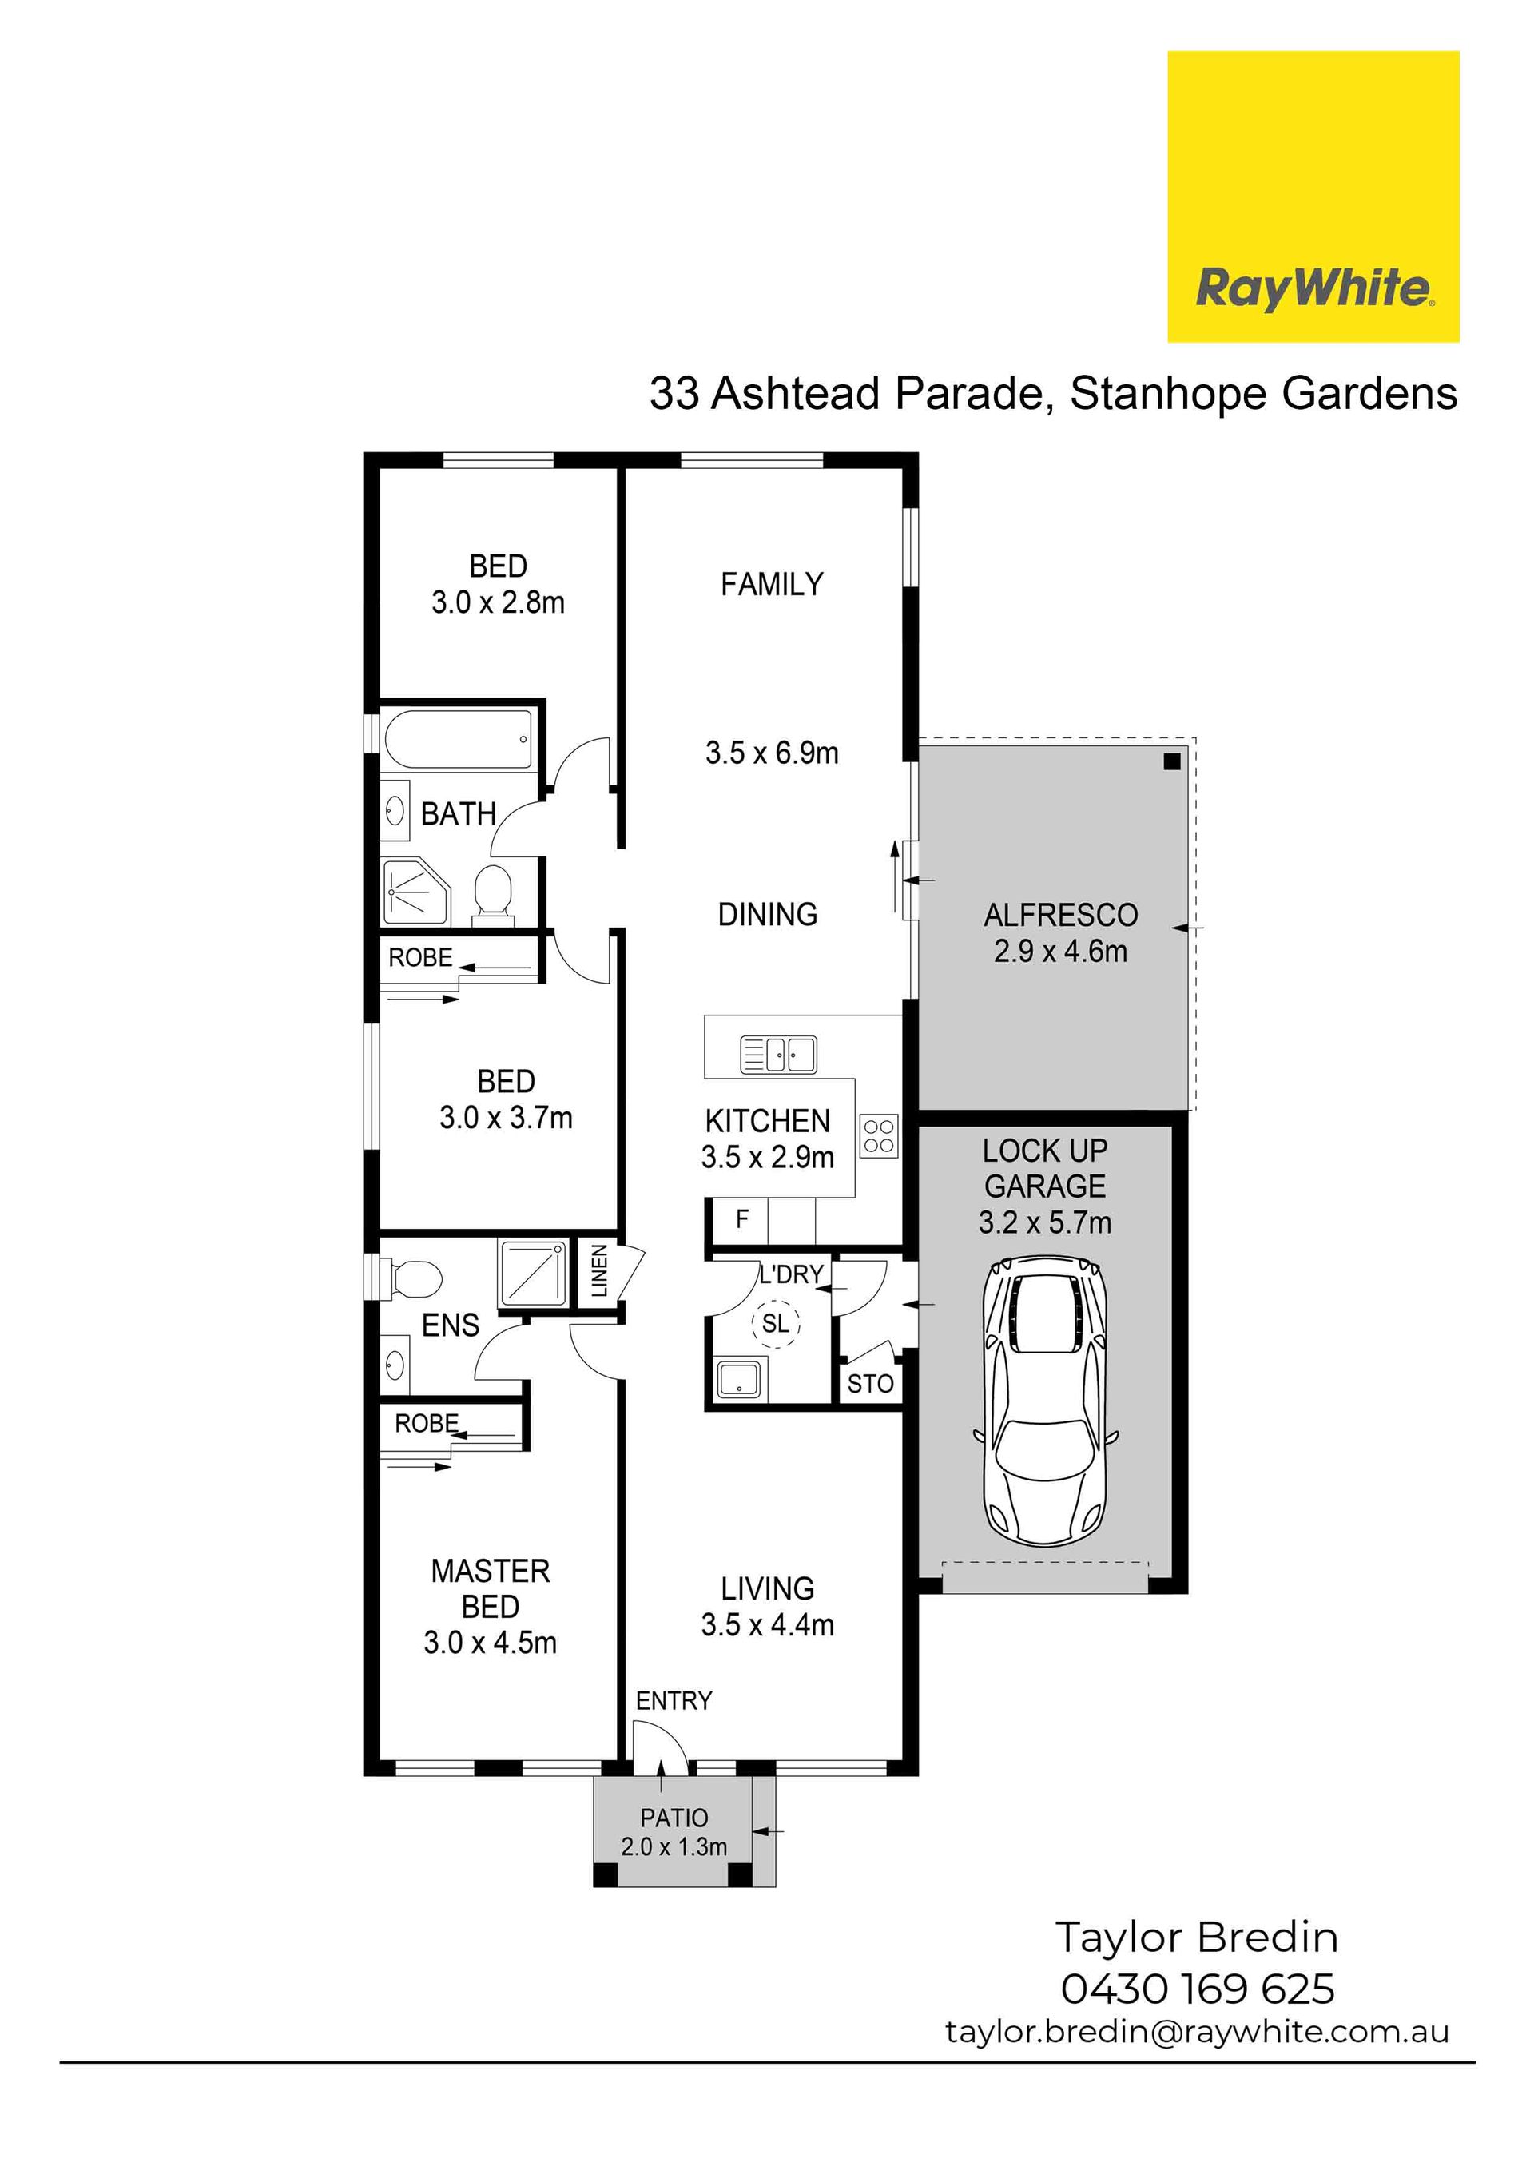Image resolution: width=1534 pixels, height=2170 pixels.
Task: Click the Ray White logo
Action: (1313, 197)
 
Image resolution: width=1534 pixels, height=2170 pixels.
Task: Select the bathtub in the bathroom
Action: (459, 739)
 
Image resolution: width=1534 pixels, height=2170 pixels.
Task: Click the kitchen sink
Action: (778, 1054)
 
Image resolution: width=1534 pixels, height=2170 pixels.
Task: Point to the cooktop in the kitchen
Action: (879, 1136)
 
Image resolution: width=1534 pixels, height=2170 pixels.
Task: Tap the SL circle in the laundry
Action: (775, 1323)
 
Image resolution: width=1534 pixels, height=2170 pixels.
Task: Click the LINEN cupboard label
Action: (599, 1271)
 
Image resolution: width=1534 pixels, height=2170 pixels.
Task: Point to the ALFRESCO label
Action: (1060, 914)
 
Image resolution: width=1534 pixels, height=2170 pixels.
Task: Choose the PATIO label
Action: (674, 1818)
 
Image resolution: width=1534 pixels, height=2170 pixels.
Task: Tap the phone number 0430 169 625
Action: (1198, 1989)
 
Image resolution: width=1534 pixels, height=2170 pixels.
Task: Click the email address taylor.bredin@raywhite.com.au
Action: (1197, 2032)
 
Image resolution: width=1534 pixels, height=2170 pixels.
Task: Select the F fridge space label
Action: (742, 1219)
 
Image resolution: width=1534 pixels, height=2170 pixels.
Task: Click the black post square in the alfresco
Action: (1172, 761)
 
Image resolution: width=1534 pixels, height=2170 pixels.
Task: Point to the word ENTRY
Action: (674, 1700)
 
